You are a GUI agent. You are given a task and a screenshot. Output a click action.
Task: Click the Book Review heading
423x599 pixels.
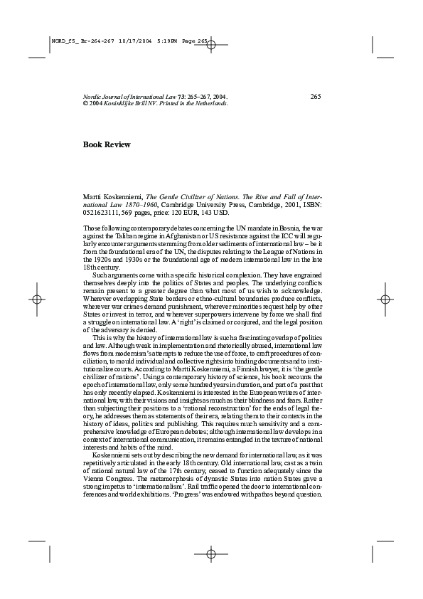107,144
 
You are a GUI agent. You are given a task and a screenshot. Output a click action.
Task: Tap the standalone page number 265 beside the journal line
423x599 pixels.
316,96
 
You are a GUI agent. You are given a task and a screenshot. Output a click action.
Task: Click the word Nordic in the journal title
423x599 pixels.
93,96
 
